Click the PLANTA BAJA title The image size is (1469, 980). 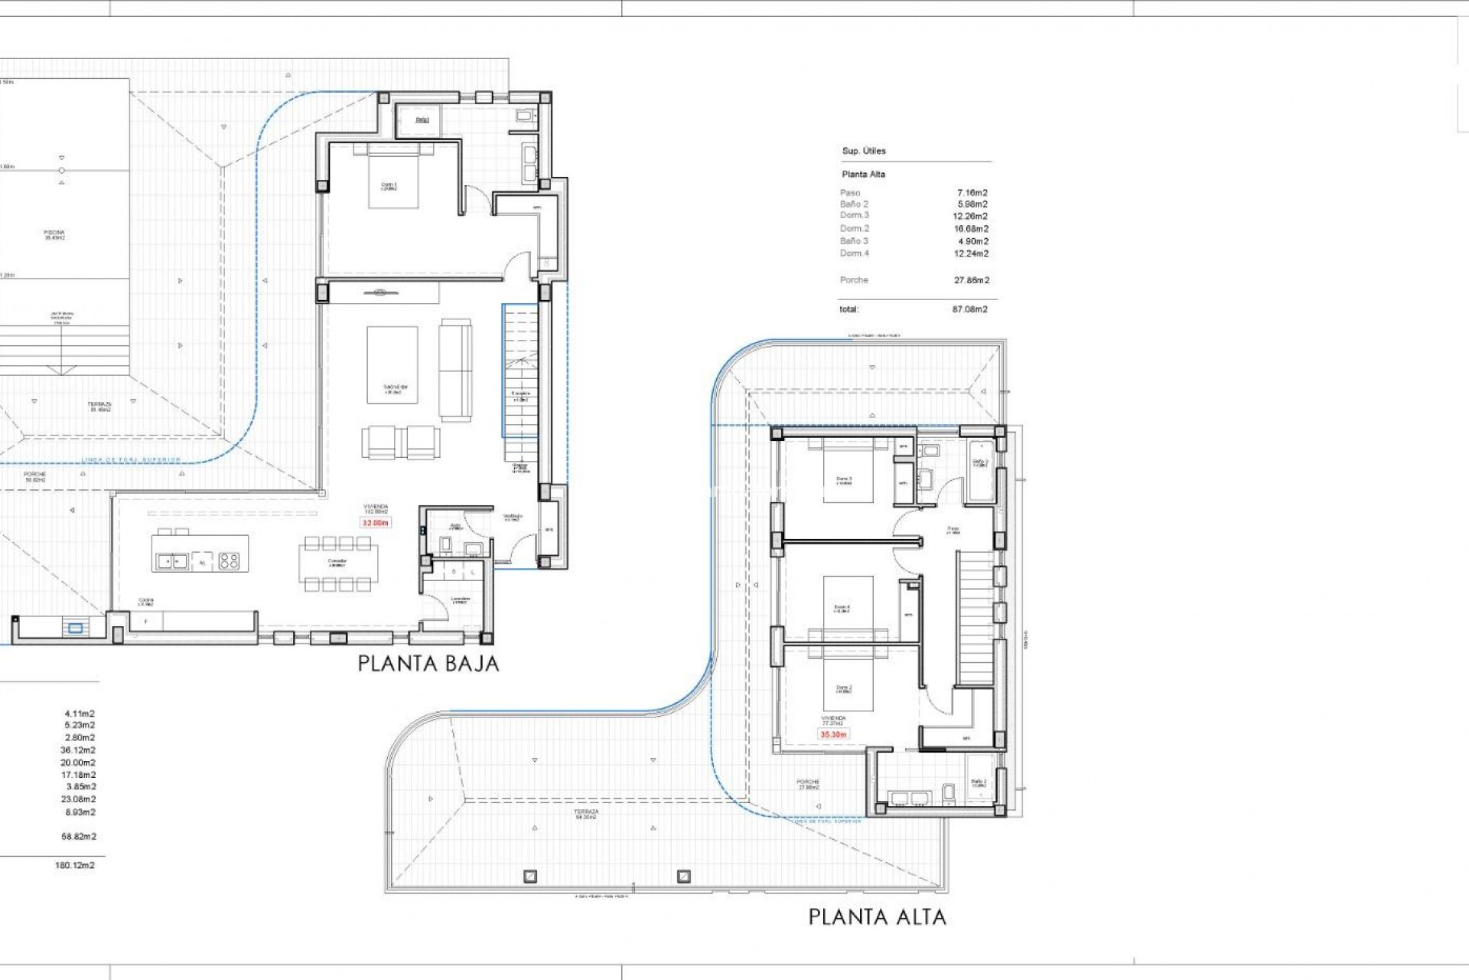click(x=428, y=664)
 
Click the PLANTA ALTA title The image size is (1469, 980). click(x=877, y=916)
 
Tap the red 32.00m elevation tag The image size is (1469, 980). click(x=376, y=523)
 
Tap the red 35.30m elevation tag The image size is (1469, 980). click(x=833, y=734)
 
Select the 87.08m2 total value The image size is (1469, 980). click(x=969, y=309)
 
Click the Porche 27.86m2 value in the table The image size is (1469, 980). click(x=971, y=280)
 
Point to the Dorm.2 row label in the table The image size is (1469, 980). click(x=854, y=228)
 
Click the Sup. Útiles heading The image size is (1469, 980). click(x=863, y=151)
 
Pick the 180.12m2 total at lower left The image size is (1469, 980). click(x=75, y=865)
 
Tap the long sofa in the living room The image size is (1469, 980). click(x=455, y=370)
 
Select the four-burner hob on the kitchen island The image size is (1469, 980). click(x=229, y=561)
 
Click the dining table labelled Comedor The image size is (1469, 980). click(x=337, y=563)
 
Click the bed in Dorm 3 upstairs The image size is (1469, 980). click(x=848, y=475)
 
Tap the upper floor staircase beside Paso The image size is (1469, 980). click(x=975, y=617)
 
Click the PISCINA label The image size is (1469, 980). click(x=54, y=234)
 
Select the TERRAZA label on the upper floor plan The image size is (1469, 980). click(x=587, y=814)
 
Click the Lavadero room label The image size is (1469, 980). click(x=460, y=599)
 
